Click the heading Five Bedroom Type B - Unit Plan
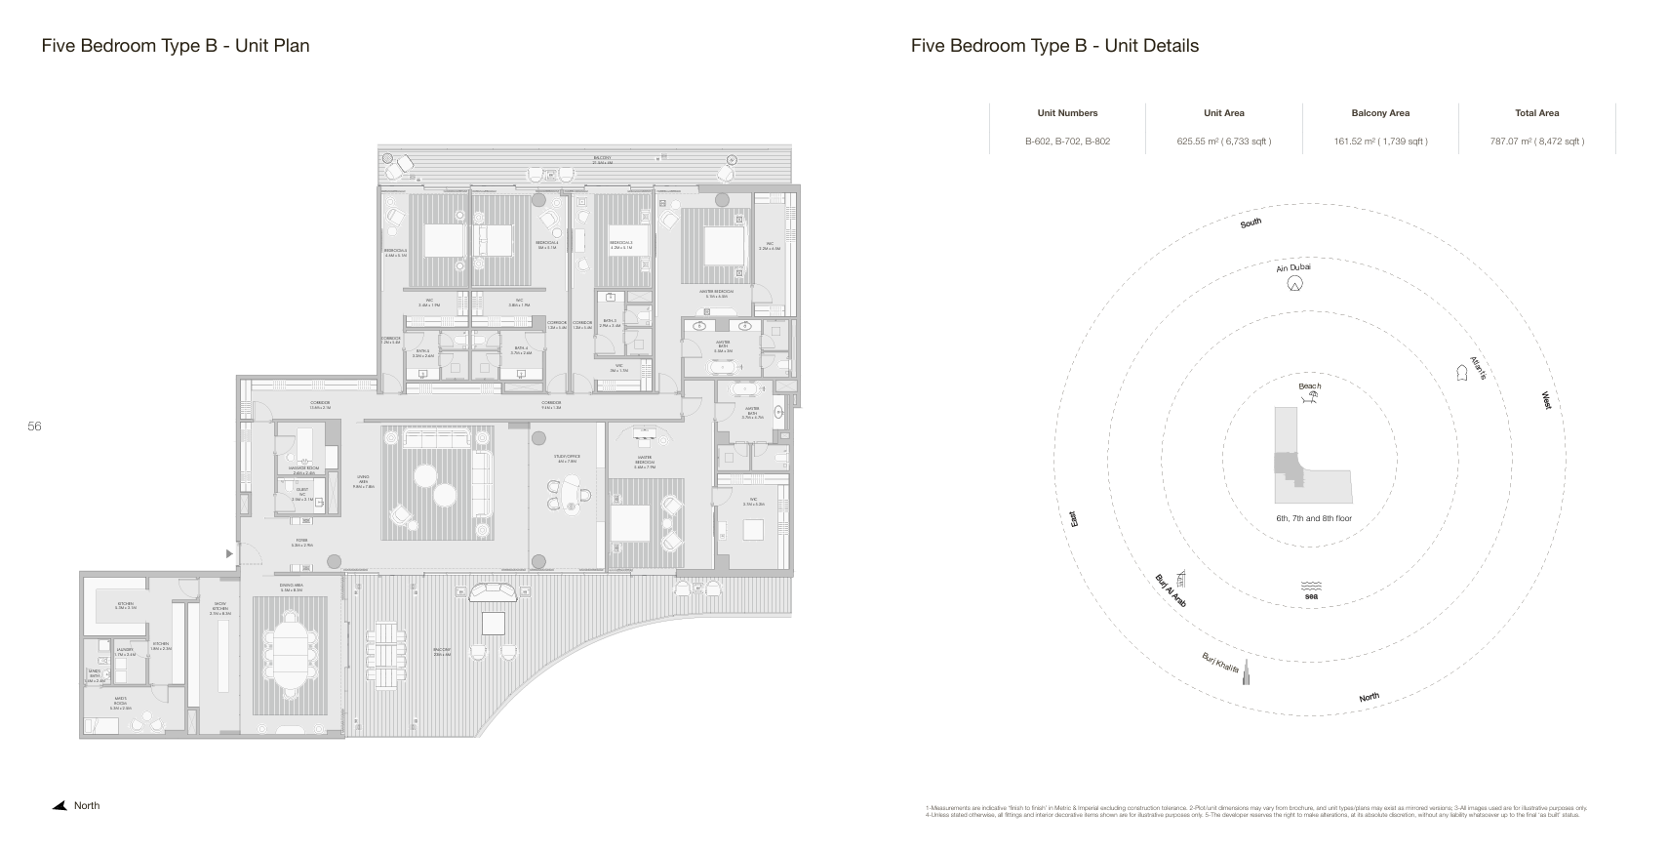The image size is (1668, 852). [176, 46]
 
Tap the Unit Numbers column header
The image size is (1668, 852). [1067, 113]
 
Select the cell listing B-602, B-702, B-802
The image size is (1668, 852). [1067, 142]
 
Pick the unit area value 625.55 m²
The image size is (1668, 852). [1223, 142]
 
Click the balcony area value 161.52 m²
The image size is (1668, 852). [1380, 142]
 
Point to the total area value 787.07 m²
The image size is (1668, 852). [1536, 142]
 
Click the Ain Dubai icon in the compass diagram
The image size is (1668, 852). [1294, 284]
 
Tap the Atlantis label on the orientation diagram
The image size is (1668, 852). [1478, 368]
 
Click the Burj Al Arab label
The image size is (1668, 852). [1170, 591]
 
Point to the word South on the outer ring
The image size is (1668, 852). [1251, 223]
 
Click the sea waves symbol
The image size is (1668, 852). [1310, 586]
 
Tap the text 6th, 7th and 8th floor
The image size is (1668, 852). [1313, 518]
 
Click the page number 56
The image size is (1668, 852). [34, 426]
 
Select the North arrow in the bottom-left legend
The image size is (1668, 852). [60, 806]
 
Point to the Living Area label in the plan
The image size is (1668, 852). [362, 480]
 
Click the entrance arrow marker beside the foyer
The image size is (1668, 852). [229, 554]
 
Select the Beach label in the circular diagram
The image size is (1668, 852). [1309, 386]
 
